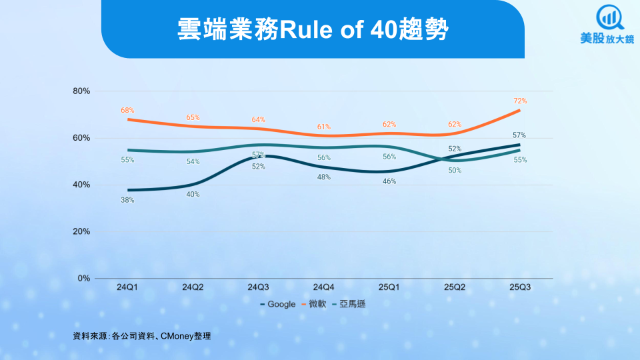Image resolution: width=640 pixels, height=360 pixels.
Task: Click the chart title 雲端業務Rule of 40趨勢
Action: coord(313,29)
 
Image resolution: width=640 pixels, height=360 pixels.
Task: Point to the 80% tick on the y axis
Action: coord(81,91)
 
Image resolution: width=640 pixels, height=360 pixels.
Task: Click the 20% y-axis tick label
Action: coord(81,231)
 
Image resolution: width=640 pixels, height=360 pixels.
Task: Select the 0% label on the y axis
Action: coord(84,278)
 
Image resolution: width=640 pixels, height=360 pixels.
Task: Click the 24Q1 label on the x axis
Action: coord(127,287)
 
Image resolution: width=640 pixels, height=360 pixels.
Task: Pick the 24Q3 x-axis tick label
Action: coord(258,287)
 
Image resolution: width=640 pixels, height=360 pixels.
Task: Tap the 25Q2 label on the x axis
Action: coord(454,287)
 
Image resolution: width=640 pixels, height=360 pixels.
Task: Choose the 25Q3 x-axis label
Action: coord(519,287)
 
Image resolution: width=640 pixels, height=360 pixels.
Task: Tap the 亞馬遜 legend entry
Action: coord(351,304)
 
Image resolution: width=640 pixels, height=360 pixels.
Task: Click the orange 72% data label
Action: coord(520,101)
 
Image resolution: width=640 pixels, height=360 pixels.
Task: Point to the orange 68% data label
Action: coord(128,111)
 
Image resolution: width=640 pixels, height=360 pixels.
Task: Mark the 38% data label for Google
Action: coord(127,200)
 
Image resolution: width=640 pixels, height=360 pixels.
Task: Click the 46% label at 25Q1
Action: coord(389,181)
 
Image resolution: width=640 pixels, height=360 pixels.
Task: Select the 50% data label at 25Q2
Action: coord(455,171)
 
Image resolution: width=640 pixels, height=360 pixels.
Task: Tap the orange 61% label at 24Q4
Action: coord(324,127)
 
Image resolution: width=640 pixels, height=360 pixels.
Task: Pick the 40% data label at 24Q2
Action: coord(193,195)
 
